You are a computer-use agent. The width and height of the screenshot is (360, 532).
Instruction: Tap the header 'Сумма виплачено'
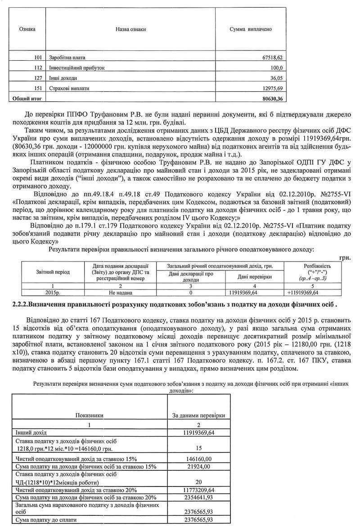coord(251,29)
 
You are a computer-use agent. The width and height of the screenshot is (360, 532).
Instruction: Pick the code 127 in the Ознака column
coord(38,78)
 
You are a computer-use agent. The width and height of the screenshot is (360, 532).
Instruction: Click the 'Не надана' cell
coord(123,293)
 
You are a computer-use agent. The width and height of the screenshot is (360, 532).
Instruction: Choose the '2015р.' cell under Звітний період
coord(53,293)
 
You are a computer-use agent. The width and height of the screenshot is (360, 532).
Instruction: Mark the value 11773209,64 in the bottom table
coord(198,490)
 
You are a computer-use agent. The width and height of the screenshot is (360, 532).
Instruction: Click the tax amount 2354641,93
coord(198,497)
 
